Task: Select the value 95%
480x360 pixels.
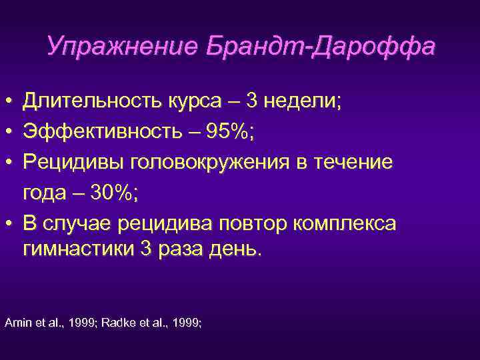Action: (225, 132)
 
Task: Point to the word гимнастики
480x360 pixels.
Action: (77, 250)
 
